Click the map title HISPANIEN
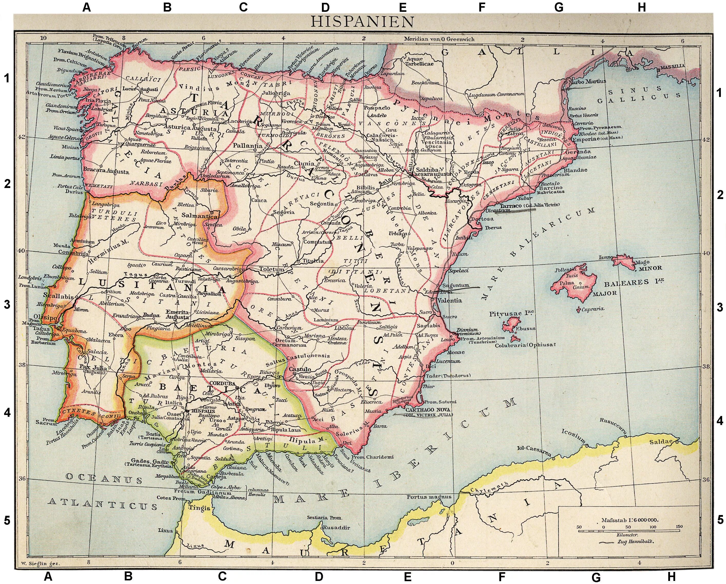coord(362,22)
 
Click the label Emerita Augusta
coord(177,314)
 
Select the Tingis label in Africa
coord(199,508)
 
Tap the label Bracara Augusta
coord(106,172)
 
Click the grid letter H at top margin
coord(642,7)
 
